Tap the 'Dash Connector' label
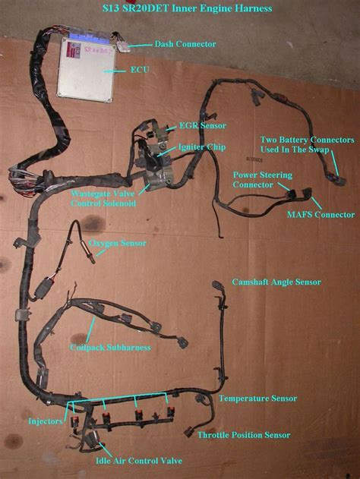(x=185, y=45)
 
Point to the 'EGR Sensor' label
(x=202, y=125)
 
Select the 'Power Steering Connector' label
(x=257, y=179)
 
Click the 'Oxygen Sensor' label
(x=118, y=243)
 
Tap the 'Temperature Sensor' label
(x=257, y=398)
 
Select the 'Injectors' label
(x=44, y=420)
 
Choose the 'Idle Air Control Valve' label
(x=139, y=461)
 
